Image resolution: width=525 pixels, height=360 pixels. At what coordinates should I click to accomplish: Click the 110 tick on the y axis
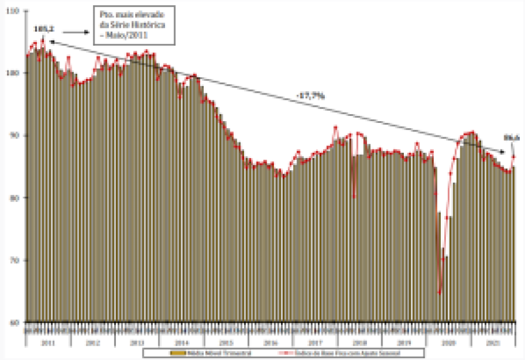pyautogui.click(x=15, y=11)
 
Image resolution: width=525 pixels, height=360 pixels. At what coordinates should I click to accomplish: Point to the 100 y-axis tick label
pyautogui.click(x=15, y=73)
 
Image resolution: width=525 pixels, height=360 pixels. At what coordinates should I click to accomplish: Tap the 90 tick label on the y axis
pyautogui.click(x=16, y=136)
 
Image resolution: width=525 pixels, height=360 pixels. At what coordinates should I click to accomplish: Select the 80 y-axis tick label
pyautogui.click(x=16, y=198)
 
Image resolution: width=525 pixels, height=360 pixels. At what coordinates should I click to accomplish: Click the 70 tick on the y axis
pyautogui.click(x=16, y=260)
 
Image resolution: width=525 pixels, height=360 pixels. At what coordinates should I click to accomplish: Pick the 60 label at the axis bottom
pyautogui.click(x=16, y=322)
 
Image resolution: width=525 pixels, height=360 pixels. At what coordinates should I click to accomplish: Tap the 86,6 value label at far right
pyautogui.click(x=512, y=138)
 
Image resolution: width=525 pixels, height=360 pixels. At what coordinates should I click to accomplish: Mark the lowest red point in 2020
pyautogui.click(x=440, y=292)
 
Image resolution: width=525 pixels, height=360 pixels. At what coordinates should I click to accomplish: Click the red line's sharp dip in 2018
pyautogui.click(x=354, y=197)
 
